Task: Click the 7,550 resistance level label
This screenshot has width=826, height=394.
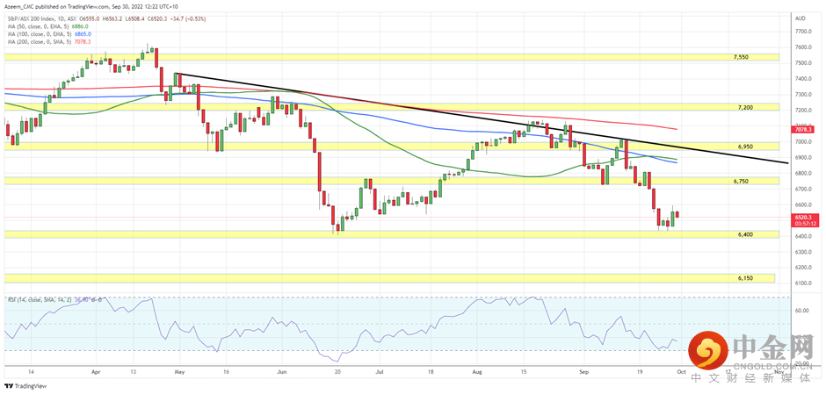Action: tap(742, 57)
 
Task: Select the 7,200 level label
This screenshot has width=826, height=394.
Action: tap(745, 107)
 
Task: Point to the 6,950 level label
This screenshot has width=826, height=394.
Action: tap(745, 147)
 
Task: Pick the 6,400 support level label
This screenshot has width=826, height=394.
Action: tap(744, 235)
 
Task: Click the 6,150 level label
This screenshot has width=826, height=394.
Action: tap(744, 278)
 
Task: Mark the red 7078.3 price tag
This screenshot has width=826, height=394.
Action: tap(805, 130)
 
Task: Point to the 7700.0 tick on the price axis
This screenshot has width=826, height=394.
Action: tap(802, 32)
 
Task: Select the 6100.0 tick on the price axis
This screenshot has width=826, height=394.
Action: tap(802, 284)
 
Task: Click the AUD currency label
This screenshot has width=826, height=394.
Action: tap(800, 18)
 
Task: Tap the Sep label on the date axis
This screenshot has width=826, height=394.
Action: tap(584, 372)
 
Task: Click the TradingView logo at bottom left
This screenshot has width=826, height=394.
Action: tap(25, 385)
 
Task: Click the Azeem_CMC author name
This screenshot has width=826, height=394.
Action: tap(24, 6)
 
